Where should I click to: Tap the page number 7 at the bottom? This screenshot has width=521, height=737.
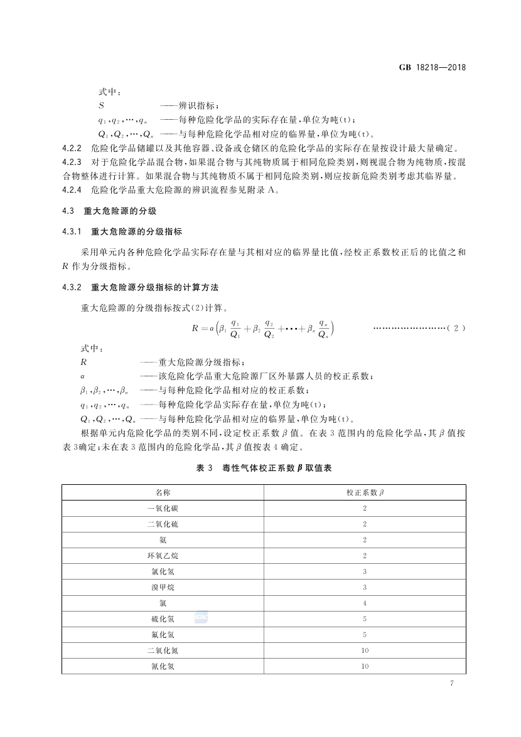click(x=451, y=683)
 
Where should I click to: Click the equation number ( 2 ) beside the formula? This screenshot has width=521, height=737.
click(x=456, y=328)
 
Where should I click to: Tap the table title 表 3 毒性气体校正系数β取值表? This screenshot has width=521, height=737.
click(x=263, y=468)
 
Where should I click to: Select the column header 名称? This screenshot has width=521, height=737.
click(x=163, y=492)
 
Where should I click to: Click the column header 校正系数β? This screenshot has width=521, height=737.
click(x=365, y=492)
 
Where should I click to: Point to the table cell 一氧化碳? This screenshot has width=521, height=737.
click(x=163, y=508)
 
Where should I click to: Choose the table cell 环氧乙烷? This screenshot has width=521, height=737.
click(x=163, y=556)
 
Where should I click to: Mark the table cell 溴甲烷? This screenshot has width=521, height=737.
click(x=163, y=587)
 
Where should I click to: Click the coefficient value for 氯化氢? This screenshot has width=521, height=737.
click(x=365, y=571)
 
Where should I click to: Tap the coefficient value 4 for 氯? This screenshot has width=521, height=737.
click(x=365, y=603)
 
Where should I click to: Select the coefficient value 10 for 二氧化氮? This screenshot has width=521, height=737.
click(x=365, y=650)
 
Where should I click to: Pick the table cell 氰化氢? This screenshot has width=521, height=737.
click(x=163, y=666)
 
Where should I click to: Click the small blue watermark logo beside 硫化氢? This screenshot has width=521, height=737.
click(x=201, y=618)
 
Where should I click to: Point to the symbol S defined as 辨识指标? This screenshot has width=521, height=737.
click(x=101, y=106)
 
